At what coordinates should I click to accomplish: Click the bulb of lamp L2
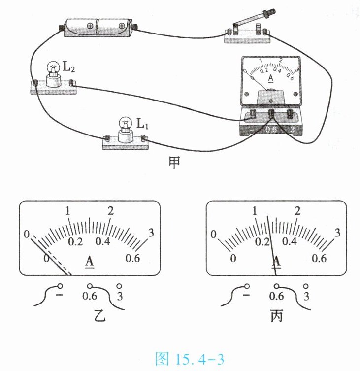tap(53, 67)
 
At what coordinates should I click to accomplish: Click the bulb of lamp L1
tap(126, 123)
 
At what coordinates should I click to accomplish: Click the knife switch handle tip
tap(271, 11)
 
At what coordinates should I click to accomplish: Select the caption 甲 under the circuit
tap(174, 163)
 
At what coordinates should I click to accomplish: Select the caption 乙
tap(100, 316)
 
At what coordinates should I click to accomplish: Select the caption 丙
tap(276, 316)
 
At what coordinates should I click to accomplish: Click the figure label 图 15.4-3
tap(190, 359)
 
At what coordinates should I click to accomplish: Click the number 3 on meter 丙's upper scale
tap(337, 233)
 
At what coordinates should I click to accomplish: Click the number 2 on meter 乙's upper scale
tap(111, 211)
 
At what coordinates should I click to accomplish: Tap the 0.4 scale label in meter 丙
tap(290, 241)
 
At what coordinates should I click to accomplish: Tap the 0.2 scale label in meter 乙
tap(75, 242)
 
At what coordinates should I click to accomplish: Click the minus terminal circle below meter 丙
tap(246, 286)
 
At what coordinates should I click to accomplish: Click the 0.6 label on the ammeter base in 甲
tap(271, 130)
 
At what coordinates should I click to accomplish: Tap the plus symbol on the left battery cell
tap(90, 26)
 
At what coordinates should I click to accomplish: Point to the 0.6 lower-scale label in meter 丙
tap(319, 258)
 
